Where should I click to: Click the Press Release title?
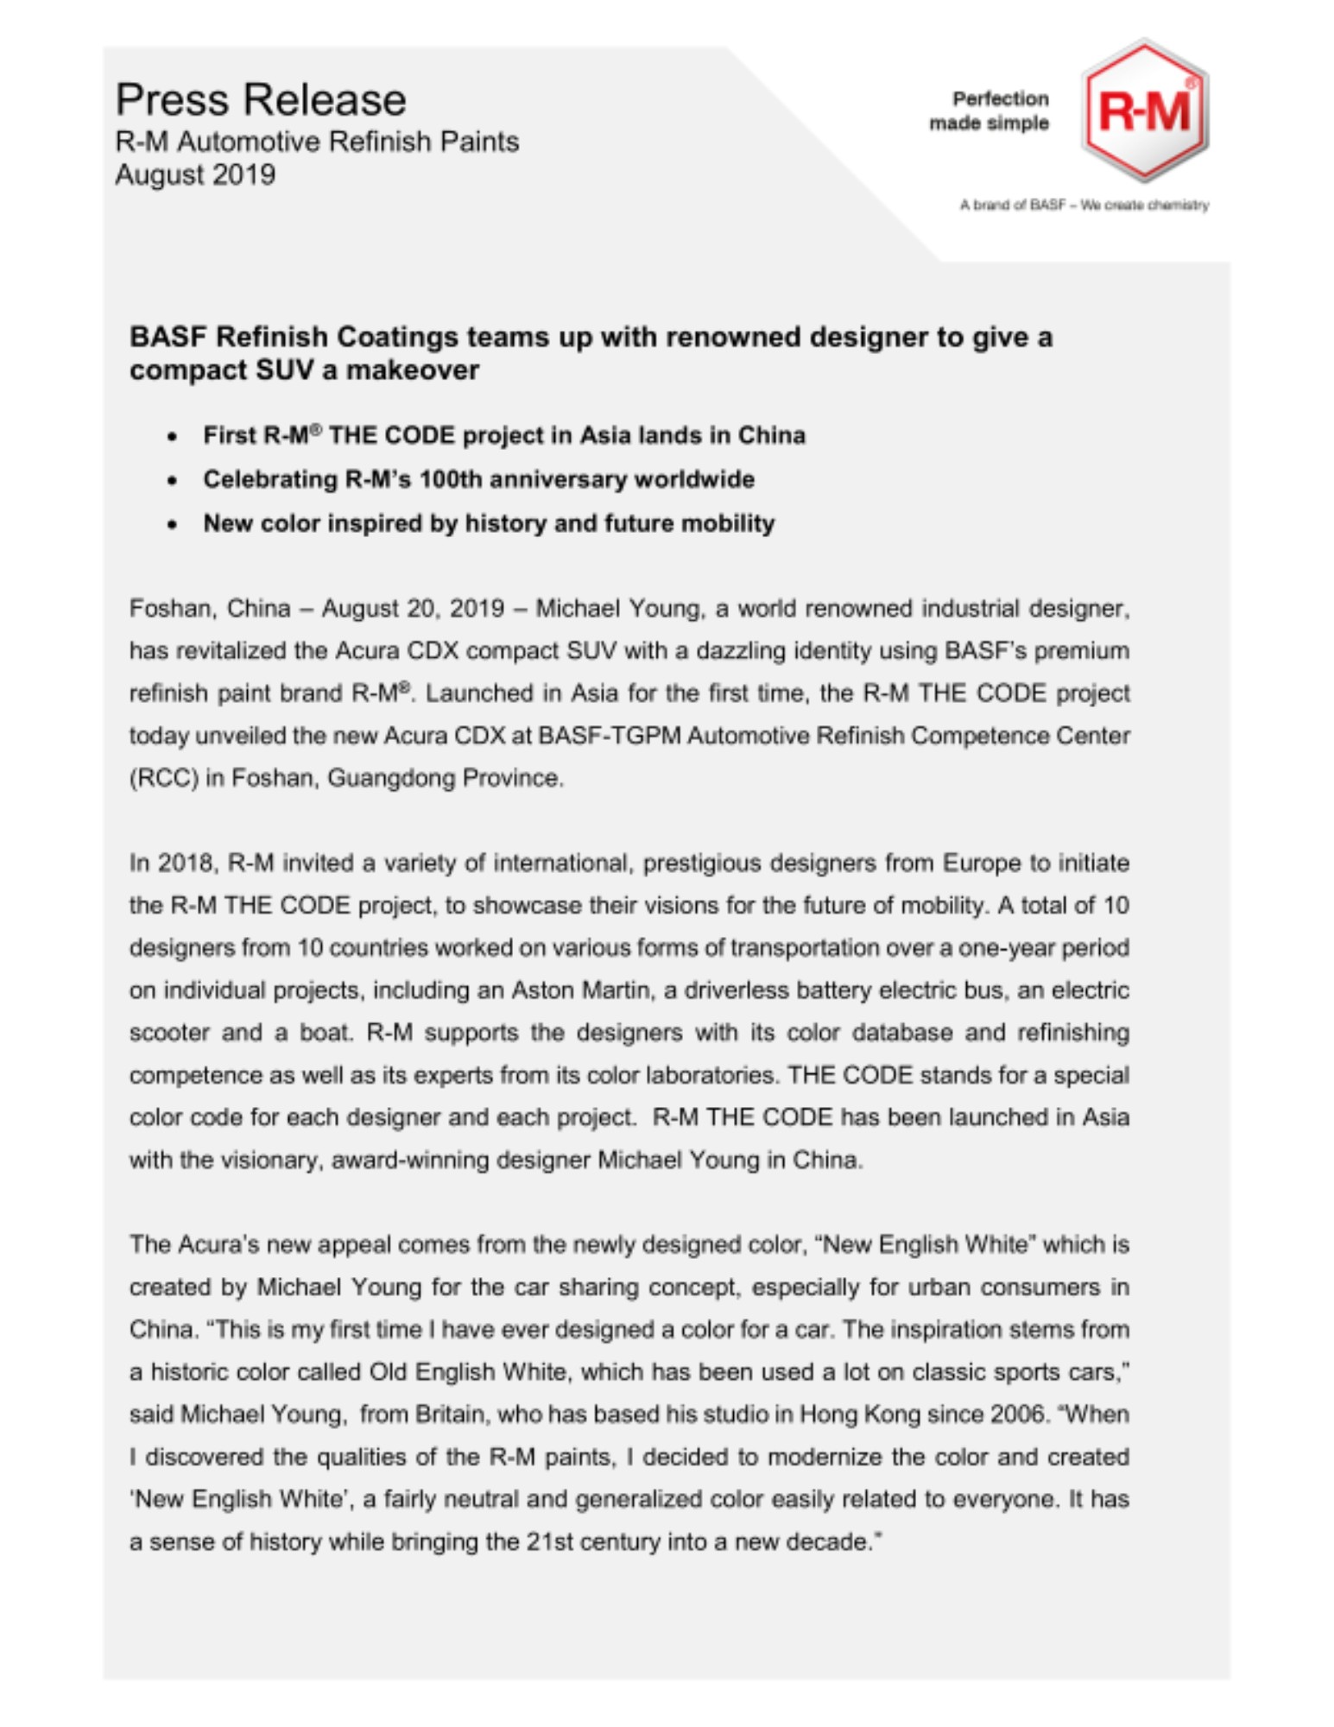tap(260, 100)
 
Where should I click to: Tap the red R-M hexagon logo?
tap(1144, 111)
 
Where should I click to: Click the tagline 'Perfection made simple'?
tap(989, 111)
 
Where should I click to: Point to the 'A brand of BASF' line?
tap(1084, 206)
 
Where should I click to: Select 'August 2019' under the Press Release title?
tap(195, 175)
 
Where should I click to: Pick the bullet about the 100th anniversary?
tap(478, 479)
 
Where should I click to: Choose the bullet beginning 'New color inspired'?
tap(489, 523)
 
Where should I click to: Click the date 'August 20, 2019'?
tap(413, 609)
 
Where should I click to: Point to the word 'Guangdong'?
tap(391, 779)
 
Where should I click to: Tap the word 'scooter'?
tap(169, 1033)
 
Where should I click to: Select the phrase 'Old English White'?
tap(467, 1372)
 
